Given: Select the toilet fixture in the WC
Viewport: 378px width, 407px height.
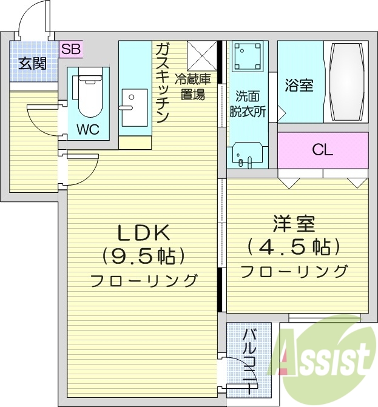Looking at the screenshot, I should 88,95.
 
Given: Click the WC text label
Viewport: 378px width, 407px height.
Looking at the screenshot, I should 88,129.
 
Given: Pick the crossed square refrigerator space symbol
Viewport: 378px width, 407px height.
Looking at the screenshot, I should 201,55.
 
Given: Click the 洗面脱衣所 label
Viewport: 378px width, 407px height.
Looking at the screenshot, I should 248,104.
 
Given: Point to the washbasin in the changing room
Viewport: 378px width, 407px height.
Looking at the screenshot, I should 248,154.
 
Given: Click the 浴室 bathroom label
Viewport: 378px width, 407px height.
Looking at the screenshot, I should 299,85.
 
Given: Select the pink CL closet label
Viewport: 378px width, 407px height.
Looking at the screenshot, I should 322,150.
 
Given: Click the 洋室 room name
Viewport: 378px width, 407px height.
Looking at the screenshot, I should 294,225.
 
